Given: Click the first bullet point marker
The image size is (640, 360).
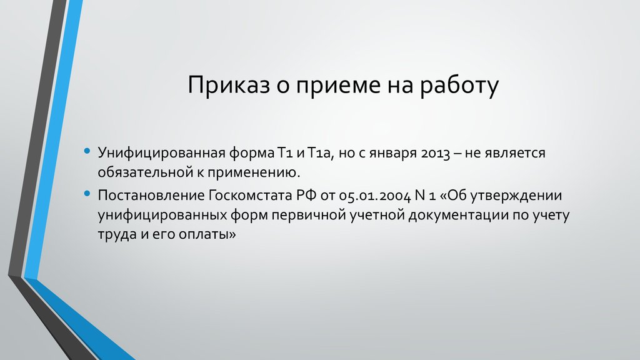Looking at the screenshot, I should tap(87, 152).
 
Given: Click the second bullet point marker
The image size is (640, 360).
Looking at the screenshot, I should tap(87, 194).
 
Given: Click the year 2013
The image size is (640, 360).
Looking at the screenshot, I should tap(431, 152).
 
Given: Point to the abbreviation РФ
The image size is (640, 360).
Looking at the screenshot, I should tap(302, 195).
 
